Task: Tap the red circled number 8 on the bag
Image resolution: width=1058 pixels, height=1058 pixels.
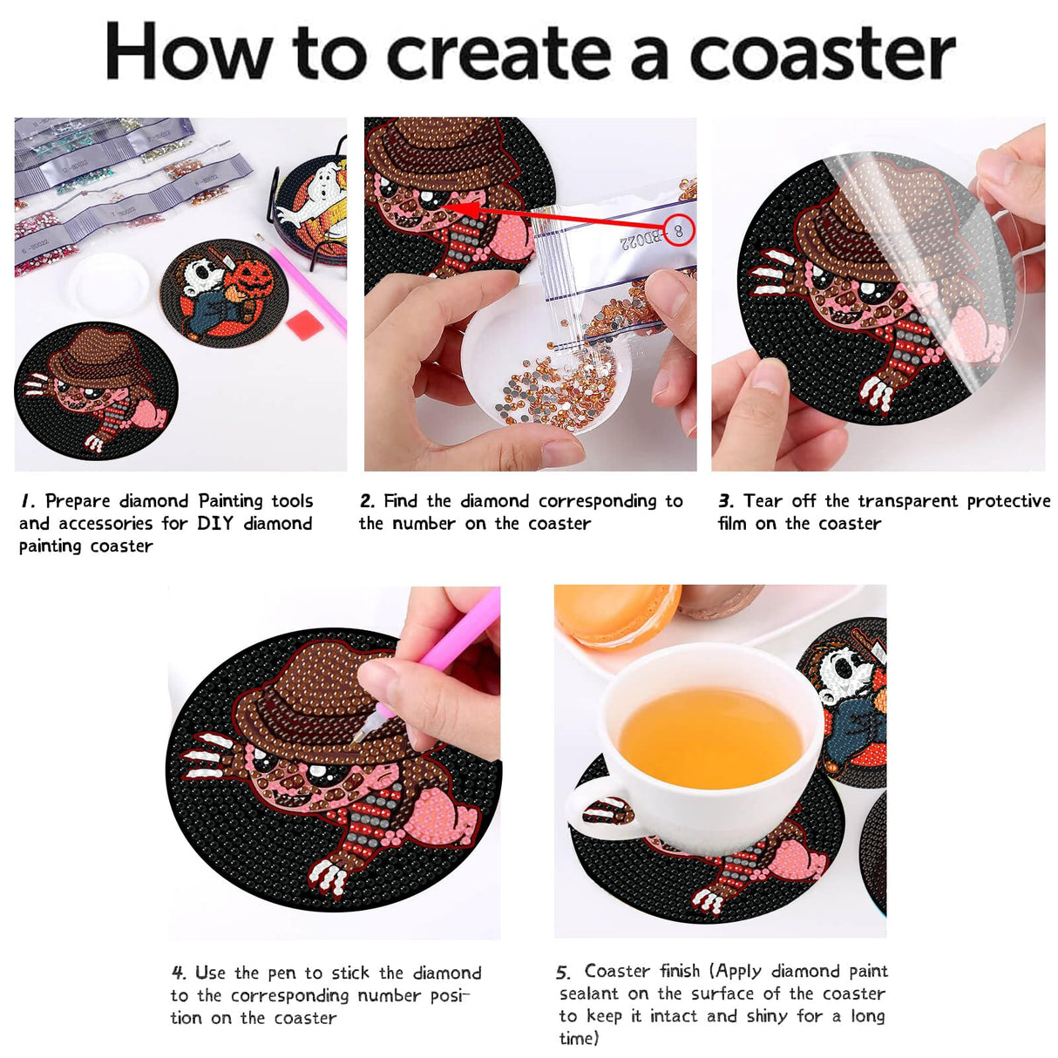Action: point(678,230)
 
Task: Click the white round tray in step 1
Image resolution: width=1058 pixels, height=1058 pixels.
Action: point(109,283)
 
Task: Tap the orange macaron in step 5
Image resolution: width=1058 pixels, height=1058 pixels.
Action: point(614,614)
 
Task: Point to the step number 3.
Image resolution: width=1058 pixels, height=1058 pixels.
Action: point(725,501)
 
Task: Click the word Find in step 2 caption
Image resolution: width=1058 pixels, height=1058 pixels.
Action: point(401,501)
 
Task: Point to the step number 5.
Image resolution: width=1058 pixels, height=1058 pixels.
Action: point(563,973)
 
